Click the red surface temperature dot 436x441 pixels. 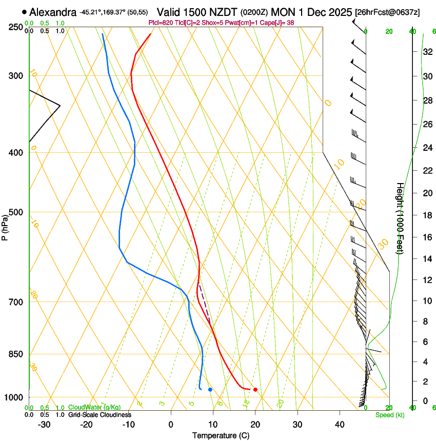coord(255,390)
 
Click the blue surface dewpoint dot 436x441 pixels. coord(210,390)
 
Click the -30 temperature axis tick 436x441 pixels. coord(44,424)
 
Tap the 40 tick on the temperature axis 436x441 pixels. coord(339,424)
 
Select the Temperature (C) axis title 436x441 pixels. coord(221,435)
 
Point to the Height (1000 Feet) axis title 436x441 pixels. coord(400,218)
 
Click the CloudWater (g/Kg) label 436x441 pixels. coord(94,408)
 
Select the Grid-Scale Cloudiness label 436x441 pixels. coord(100,414)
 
